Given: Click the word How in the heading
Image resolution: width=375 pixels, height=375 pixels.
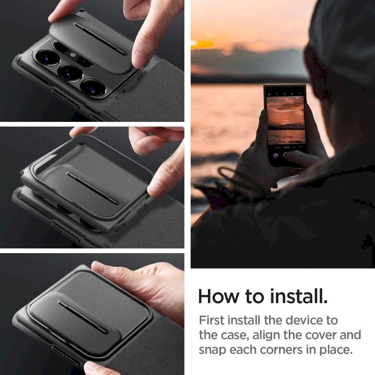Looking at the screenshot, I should tap(219, 297).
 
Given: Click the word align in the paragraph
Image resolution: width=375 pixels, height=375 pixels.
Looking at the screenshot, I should tap(272, 335).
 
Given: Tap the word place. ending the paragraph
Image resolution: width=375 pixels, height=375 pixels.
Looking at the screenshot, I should tap(335, 350).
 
